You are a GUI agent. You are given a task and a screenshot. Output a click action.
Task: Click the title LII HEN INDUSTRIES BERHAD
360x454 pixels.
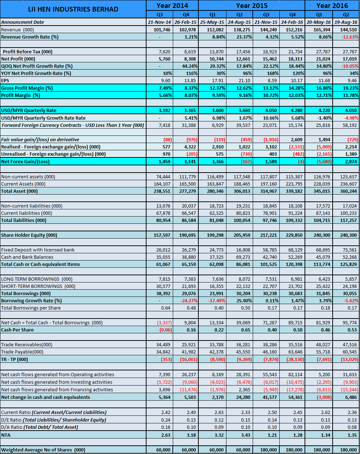tap(73, 9)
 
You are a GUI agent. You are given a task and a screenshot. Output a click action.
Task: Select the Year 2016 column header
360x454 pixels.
tap(332, 5)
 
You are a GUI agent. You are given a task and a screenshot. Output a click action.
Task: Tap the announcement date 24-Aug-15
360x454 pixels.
tap(239, 22)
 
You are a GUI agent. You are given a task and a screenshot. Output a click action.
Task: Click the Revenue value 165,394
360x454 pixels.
tap(321, 30)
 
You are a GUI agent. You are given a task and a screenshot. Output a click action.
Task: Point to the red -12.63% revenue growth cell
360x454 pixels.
tap(350, 37)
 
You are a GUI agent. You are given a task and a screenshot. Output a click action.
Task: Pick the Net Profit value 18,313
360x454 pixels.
tap(295, 59)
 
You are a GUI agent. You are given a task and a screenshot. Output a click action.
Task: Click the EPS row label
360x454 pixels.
tap(5, 80)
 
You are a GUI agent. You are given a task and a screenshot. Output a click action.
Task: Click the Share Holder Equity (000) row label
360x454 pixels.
tap(29, 235)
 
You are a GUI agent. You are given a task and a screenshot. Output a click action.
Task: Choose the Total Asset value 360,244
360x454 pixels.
tap(348, 191)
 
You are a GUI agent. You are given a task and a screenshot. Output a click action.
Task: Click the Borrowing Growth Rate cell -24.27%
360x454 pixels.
tap(189, 301)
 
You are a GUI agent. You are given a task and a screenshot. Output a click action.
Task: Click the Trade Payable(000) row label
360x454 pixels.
tap(22, 352)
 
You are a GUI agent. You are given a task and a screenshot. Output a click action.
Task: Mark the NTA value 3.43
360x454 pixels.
tap(246, 435)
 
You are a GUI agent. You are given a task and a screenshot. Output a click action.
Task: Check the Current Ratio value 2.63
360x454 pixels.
tap(219, 412)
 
